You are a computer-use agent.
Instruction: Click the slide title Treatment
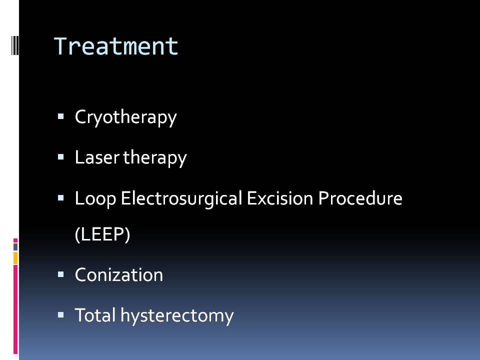116,46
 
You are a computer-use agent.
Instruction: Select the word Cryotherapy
126,117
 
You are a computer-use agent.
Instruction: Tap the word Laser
96,157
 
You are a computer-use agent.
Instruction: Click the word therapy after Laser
155,158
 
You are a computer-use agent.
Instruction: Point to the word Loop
95,198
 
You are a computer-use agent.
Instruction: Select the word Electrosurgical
181,198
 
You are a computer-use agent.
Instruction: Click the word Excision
280,198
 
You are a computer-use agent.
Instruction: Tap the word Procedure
360,198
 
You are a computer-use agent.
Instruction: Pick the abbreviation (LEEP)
102,234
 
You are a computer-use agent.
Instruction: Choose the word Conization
119,274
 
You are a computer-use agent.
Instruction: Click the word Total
95,315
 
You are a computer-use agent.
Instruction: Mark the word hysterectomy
177,315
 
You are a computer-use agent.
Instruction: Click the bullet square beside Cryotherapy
60,116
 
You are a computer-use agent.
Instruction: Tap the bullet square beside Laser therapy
60,157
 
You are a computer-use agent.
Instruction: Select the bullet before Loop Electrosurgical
60,198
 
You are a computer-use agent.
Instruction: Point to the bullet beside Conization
60,274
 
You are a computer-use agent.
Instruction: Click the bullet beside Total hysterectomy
60,314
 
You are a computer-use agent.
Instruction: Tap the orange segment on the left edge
15,258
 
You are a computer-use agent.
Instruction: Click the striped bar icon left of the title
15,46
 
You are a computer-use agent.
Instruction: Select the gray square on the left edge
15,246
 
